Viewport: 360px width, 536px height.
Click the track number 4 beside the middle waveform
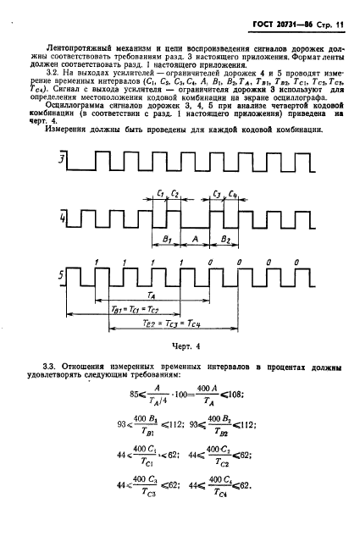(60, 223)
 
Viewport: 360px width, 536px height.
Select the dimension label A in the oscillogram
(195, 240)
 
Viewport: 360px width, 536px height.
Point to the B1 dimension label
(167, 240)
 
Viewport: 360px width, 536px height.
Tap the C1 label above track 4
(160, 194)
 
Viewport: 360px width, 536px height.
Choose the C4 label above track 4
(233, 194)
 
